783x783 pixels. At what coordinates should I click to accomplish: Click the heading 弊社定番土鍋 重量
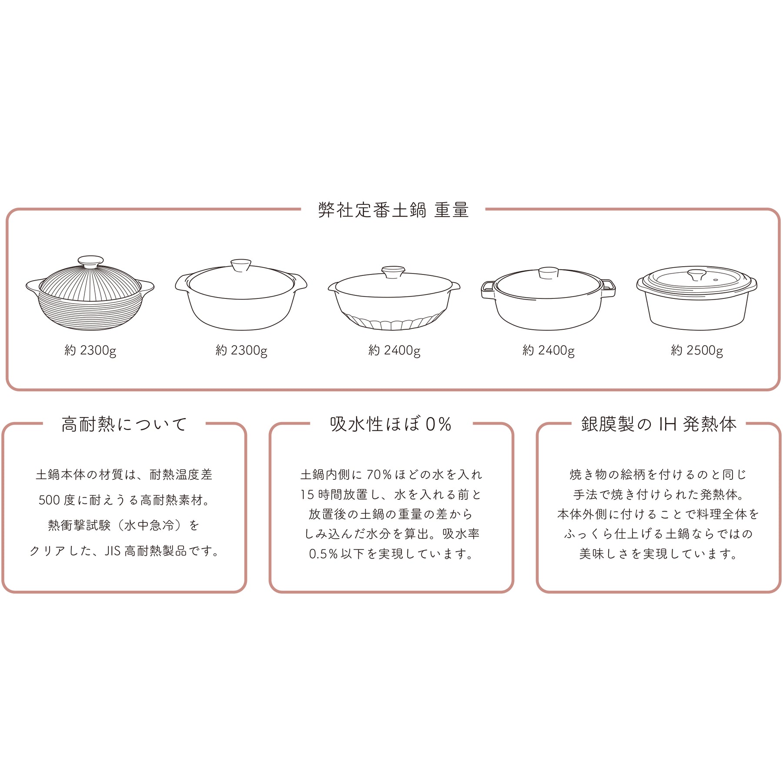click(x=393, y=210)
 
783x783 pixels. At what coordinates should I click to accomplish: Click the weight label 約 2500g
click(x=697, y=351)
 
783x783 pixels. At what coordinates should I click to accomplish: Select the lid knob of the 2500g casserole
click(x=697, y=275)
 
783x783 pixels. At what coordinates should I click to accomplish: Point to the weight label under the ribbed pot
click(x=90, y=351)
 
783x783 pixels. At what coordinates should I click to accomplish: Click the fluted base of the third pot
click(x=393, y=322)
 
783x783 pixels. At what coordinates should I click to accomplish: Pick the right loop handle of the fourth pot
click(x=608, y=288)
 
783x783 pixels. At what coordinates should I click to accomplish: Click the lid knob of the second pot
click(x=241, y=265)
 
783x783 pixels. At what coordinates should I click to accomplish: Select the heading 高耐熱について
click(x=124, y=424)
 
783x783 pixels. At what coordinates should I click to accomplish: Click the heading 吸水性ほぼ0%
click(x=391, y=424)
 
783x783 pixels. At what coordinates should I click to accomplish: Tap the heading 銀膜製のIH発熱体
click(x=659, y=424)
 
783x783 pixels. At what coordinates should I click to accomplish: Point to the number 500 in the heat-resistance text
click(x=49, y=500)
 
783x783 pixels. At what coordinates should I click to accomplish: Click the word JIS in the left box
click(x=112, y=551)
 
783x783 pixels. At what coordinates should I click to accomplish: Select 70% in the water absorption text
click(x=379, y=475)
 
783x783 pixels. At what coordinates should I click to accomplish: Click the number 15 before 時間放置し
click(x=307, y=495)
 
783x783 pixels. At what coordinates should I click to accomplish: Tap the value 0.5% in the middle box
click(x=323, y=554)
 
